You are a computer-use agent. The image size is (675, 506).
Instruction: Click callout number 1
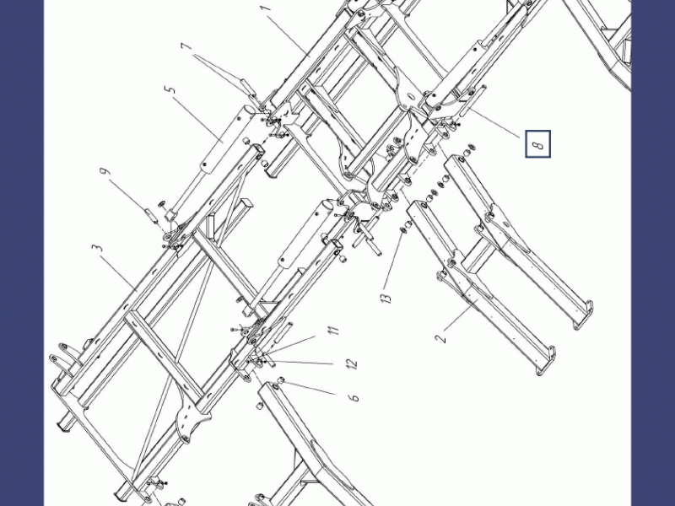point(266,8)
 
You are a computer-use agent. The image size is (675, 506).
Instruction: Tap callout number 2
point(440,338)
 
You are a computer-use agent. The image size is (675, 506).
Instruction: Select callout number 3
point(98,248)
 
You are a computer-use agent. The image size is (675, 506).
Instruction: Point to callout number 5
point(170,89)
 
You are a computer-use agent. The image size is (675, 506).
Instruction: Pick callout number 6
point(354,396)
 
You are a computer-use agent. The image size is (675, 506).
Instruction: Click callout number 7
point(186,46)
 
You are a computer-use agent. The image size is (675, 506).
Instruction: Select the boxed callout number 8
point(537,143)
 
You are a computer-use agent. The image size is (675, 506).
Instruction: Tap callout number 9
point(105,171)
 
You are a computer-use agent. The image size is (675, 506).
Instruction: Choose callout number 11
point(332,330)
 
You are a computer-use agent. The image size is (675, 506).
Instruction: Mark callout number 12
point(351,363)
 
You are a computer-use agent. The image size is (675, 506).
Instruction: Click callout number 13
point(386,298)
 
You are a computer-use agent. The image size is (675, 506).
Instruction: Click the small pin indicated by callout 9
point(151,216)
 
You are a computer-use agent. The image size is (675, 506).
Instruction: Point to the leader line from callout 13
point(392,261)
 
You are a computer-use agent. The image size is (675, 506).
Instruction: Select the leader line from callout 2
point(461,315)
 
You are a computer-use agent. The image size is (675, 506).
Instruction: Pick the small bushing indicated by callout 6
point(281,380)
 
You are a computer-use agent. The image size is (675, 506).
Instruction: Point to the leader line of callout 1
point(288,36)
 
